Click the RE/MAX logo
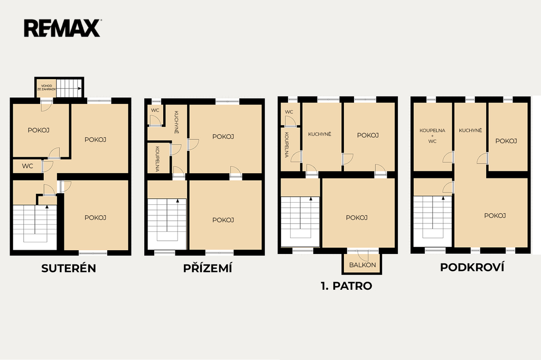(x=62, y=29)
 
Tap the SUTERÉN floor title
(x=69, y=268)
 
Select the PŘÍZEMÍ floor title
(x=208, y=268)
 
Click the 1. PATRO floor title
(x=347, y=286)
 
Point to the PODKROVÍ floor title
(x=472, y=267)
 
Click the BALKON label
(x=362, y=265)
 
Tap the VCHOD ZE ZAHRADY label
(x=46, y=88)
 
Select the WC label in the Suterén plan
(x=27, y=166)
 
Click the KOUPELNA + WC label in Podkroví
(x=432, y=136)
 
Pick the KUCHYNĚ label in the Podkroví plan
(x=470, y=130)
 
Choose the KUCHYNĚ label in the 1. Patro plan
(x=320, y=134)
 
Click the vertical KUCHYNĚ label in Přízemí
(x=176, y=122)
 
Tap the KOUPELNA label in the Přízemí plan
(x=157, y=159)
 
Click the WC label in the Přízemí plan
(x=155, y=110)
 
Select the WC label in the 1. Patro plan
(x=289, y=112)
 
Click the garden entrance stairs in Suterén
(x=69, y=88)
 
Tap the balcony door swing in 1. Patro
(x=363, y=256)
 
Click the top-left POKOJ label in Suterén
(x=39, y=130)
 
